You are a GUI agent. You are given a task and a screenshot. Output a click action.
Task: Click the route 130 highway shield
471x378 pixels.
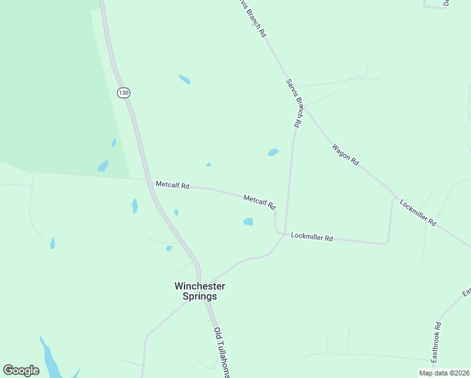coord(123,93)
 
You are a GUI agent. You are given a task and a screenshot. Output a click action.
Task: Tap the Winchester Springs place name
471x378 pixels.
coord(200,291)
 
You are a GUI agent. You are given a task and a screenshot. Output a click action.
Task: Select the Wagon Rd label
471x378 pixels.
coord(345,154)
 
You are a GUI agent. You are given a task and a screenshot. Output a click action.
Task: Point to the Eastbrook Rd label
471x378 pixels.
coord(436,342)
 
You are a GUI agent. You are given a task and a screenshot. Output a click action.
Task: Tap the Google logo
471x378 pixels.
coord(21,370)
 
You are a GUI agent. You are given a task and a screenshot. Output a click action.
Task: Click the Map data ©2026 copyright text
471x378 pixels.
coord(444,373)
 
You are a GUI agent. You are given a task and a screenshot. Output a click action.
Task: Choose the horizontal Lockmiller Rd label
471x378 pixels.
coord(312,238)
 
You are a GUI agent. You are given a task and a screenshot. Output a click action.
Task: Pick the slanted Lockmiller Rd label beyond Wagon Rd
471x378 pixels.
coord(417,214)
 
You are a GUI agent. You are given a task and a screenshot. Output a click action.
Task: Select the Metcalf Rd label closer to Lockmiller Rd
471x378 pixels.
coord(259,202)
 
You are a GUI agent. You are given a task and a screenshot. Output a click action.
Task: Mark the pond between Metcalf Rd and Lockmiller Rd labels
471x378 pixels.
coord(248,221)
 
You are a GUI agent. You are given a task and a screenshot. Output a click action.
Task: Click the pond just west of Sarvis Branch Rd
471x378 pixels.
coord(273,152)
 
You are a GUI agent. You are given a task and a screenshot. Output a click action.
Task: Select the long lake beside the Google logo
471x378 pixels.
coord(48,358)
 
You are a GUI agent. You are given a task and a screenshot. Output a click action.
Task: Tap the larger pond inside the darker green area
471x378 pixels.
coord(103,166)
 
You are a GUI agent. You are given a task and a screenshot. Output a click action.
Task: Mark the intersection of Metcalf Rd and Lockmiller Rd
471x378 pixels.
coord(278,232)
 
